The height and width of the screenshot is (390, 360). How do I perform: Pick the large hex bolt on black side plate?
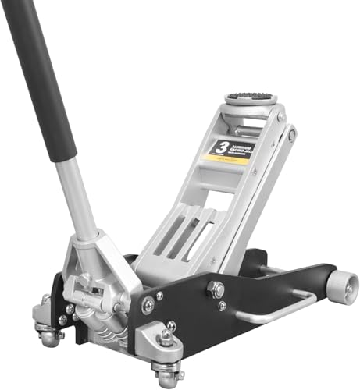(216, 289)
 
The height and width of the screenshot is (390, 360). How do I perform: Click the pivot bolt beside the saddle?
(291, 135)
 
